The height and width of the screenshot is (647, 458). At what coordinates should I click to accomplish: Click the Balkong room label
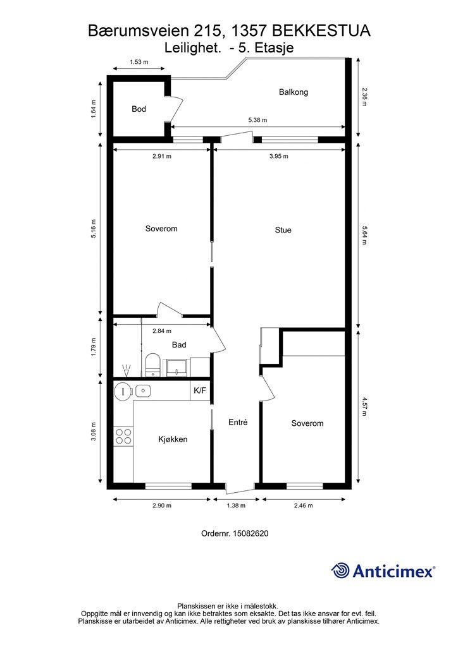click(294, 92)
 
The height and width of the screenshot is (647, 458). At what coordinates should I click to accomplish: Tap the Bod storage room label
click(139, 109)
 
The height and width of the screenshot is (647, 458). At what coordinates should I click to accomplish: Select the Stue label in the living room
click(283, 230)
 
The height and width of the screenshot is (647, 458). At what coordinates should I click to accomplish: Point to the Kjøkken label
click(173, 440)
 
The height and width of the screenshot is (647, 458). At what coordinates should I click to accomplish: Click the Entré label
click(238, 422)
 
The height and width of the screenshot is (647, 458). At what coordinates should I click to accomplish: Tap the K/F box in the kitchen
click(200, 390)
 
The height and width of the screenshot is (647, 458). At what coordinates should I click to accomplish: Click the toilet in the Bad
click(153, 365)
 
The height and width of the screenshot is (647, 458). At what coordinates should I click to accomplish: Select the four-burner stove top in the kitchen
click(123, 437)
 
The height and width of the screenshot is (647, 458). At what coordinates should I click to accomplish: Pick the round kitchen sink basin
click(123, 390)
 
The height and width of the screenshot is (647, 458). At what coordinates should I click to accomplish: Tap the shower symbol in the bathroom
click(127, 370)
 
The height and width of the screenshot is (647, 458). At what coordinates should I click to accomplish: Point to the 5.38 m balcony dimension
click(257, 120)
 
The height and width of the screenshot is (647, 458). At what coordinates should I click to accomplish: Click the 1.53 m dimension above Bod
click(139, 63)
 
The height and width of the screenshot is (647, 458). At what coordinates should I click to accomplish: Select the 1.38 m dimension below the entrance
click(236, 505)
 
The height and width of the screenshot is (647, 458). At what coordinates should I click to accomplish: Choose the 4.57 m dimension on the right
click(364, 406)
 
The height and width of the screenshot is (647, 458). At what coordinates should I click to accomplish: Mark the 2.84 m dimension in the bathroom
click(161, 331)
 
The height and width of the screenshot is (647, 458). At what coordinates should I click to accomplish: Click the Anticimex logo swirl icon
click(340, 571)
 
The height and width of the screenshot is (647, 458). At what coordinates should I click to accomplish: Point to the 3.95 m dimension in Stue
click(279, 157)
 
